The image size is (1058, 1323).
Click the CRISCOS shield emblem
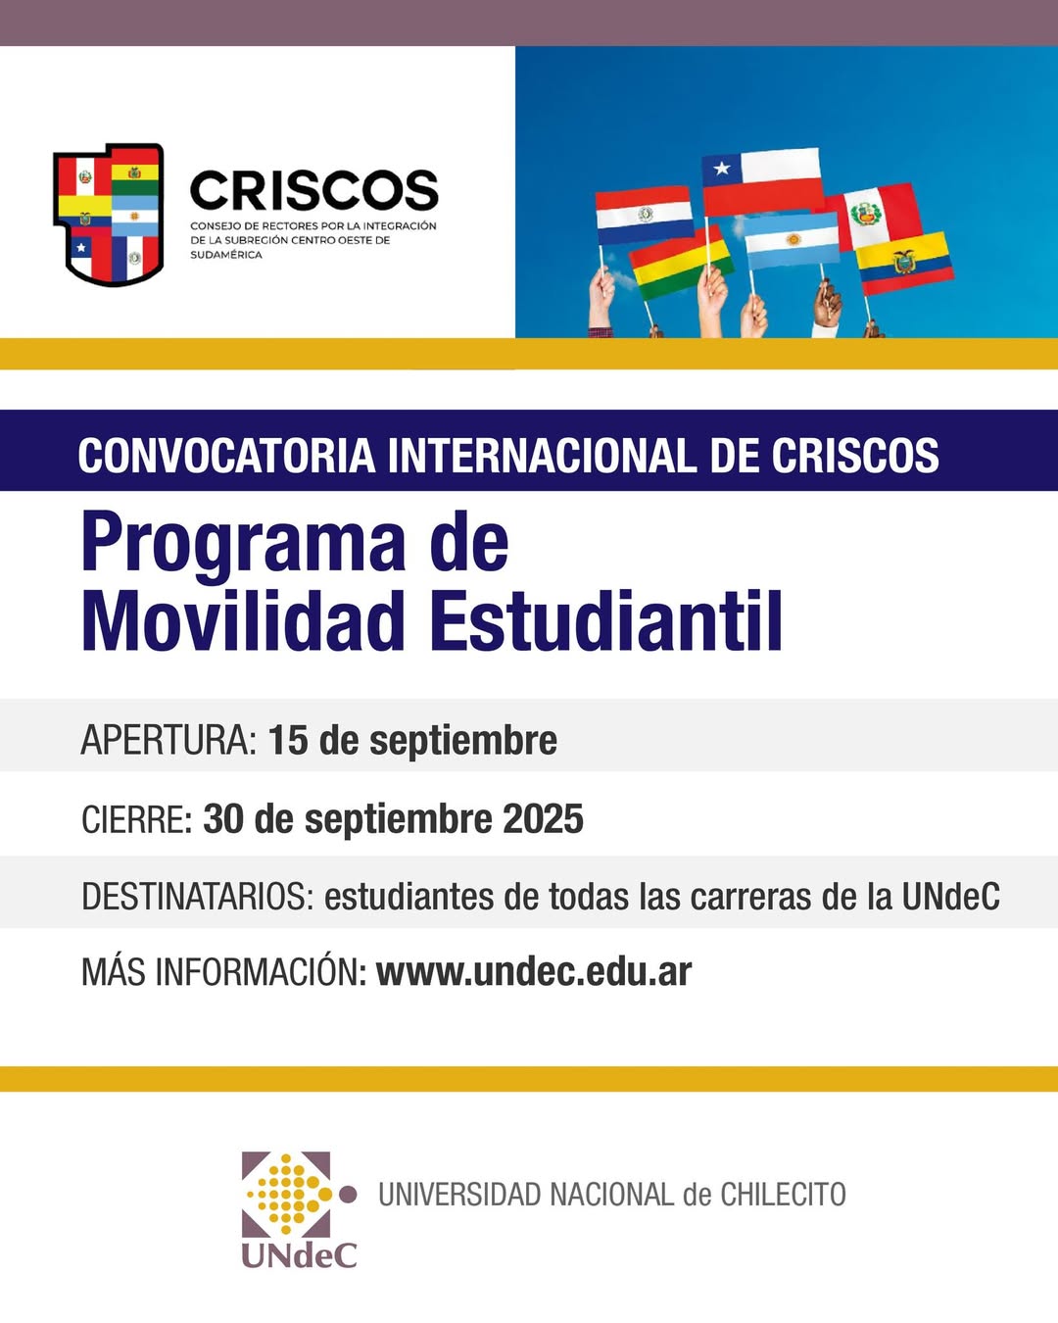tap(108, 215)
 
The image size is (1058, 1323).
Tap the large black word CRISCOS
tap(314, 190)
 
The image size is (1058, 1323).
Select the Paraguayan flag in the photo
tap(645, 216)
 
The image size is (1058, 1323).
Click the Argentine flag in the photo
tap(793, 240)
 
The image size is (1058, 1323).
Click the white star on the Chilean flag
tap(722, 168)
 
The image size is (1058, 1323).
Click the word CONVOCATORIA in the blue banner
tap(227, 456)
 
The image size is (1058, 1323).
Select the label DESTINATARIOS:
tap(198, 897)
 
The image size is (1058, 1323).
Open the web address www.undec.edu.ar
tap(534, 972)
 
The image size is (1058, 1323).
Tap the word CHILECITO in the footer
tap(783, 1195)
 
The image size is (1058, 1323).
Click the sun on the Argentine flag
tap(793, 239)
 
